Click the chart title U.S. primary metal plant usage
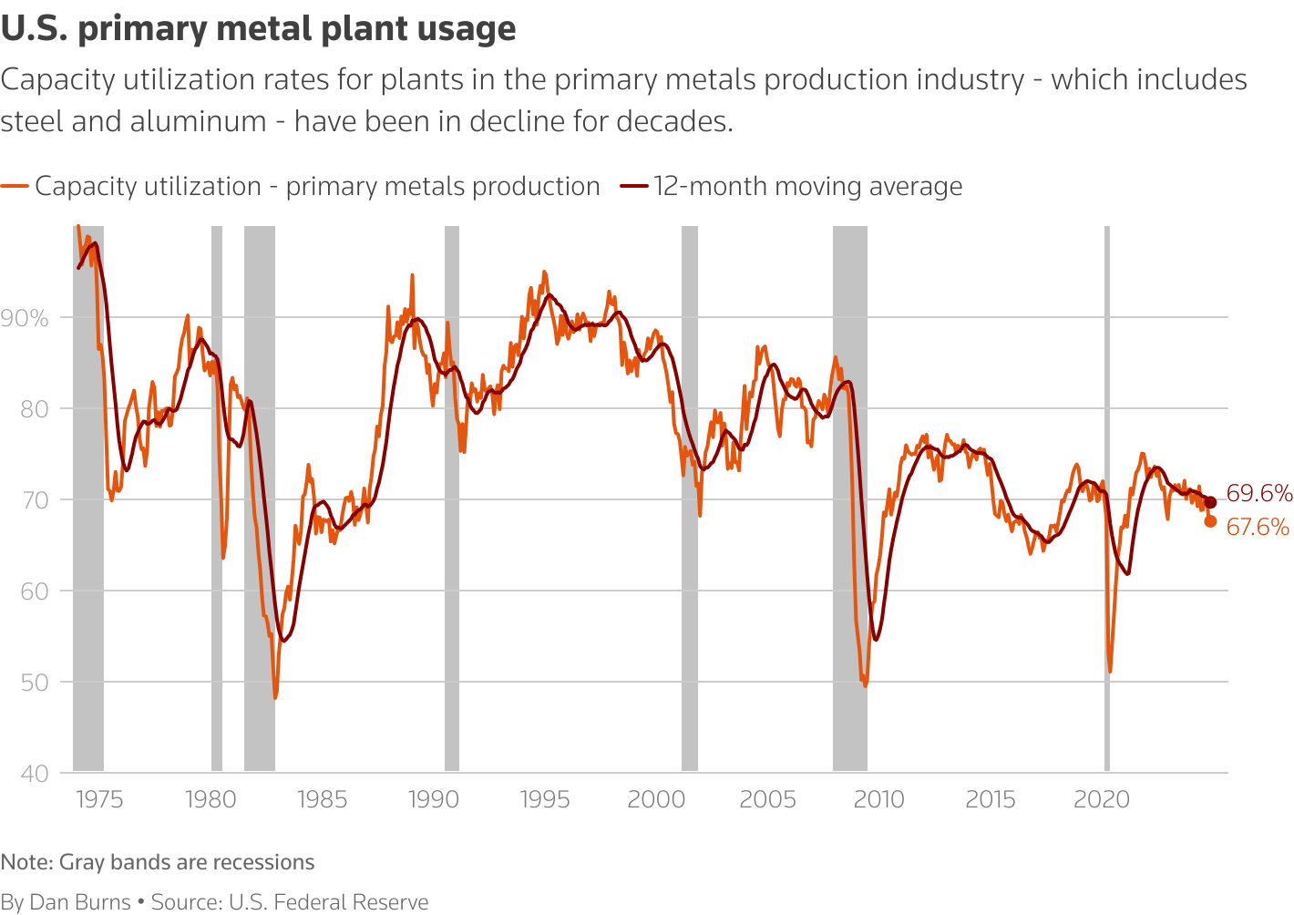pos(259,29)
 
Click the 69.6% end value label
pos(1258,494)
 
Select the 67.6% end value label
pos(1258,527)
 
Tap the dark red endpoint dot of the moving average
pos(1210,502)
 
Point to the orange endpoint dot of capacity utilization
pos(1210,521)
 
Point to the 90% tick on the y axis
pos(25,318)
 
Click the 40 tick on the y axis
pos(35,774)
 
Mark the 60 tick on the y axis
pos(35,591)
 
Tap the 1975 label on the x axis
pos(99,800)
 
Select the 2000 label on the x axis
pos(656,800)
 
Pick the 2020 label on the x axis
pos(1102,800)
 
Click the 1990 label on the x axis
pos(434,800)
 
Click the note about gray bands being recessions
pos(158,862)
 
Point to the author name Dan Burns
pos(80,902)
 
